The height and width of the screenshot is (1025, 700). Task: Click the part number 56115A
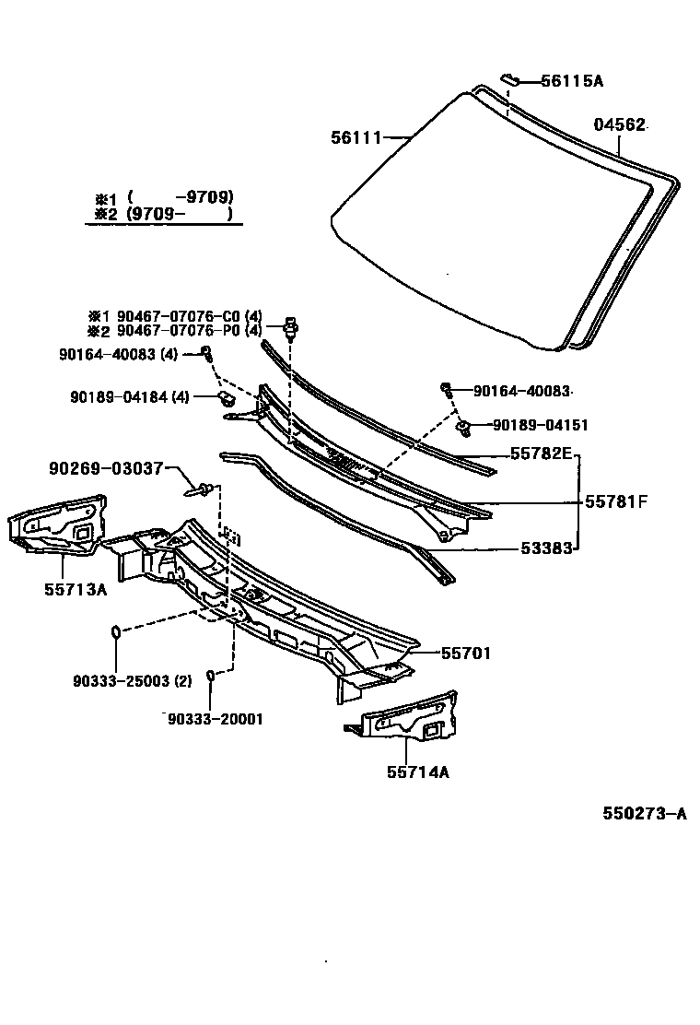[x=571, y=81]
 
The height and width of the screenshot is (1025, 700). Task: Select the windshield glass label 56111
[x=356, y=137]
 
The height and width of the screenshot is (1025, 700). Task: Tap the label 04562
[x=619, y=125]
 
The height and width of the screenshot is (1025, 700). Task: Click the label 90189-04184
[x=120, y=397]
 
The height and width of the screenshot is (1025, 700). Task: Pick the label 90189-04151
[x=540, y=425]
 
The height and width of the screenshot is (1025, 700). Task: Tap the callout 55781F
[x=616, y=501]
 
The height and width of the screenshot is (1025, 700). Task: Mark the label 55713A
[x=76, y=589]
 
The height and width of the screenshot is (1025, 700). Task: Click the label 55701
[x=465, y=653]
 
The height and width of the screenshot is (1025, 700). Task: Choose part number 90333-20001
[x=215, y=719]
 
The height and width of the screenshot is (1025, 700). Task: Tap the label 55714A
[x=417, y=772]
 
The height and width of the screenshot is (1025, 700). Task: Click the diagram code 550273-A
[x=645, y=813]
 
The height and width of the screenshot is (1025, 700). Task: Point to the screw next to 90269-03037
[x=205, y=488]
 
